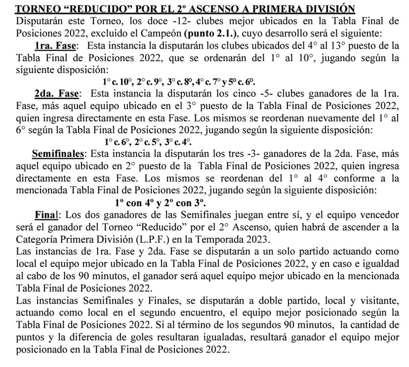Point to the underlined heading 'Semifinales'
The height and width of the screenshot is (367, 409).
58,154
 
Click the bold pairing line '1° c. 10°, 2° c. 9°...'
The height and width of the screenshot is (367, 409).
179,82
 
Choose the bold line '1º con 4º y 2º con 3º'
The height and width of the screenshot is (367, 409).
161,203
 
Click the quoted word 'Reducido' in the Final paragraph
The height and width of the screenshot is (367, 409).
157,227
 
